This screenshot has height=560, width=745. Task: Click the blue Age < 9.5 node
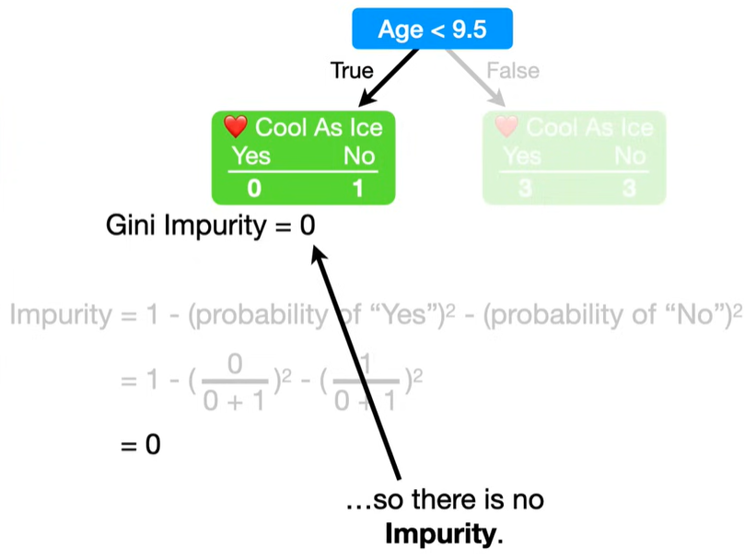432,29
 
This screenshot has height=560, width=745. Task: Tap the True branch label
353,71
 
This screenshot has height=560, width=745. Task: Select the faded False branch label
513,71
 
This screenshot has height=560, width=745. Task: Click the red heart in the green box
236,126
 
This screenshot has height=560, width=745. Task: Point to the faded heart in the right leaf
507,126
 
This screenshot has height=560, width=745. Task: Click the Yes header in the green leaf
250,156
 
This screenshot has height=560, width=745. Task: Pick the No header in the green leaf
359,156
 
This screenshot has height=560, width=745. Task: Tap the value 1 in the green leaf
359,190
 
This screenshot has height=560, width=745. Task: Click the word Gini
132,225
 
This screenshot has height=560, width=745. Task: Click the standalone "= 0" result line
140,445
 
